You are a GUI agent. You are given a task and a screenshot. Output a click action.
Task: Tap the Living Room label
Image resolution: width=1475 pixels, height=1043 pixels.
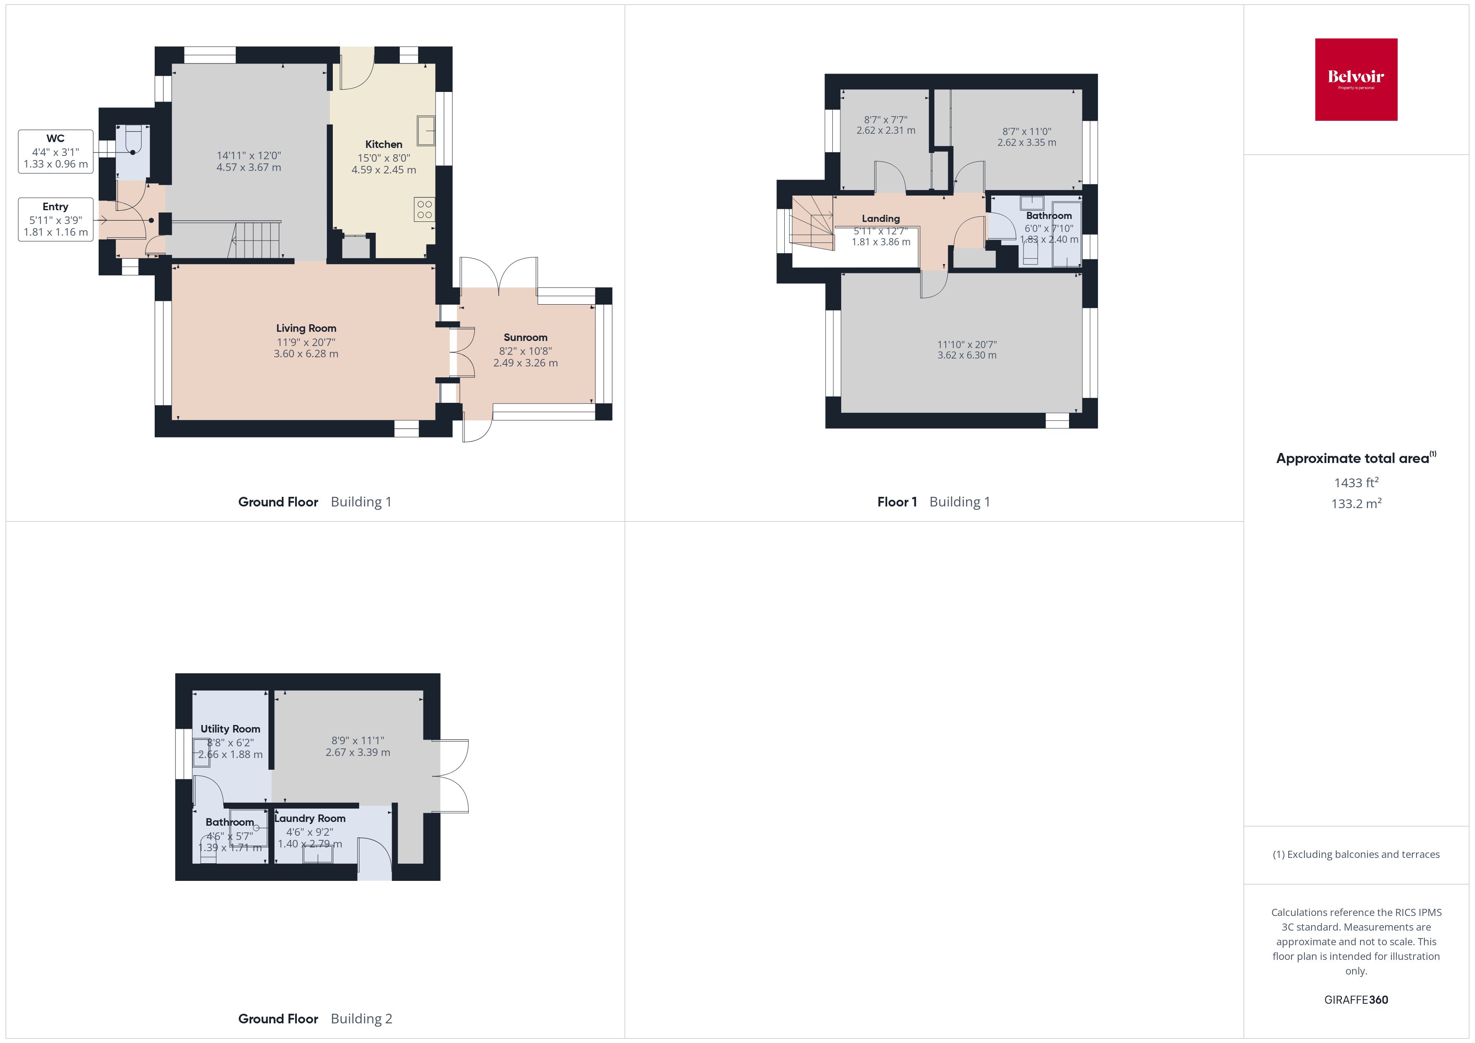point(306,328)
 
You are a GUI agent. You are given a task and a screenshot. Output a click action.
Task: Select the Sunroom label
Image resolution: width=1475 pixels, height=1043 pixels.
point(525,337)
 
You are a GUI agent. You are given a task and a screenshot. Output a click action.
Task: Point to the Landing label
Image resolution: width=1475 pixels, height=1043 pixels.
point(880,219)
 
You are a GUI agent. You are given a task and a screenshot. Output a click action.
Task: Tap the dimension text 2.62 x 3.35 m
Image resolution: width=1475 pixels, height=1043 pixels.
point(1026,142)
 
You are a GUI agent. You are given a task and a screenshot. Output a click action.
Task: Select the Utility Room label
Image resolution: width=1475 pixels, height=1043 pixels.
point(230,729)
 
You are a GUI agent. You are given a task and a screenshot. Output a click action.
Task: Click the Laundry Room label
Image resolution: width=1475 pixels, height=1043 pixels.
point(310,818)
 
